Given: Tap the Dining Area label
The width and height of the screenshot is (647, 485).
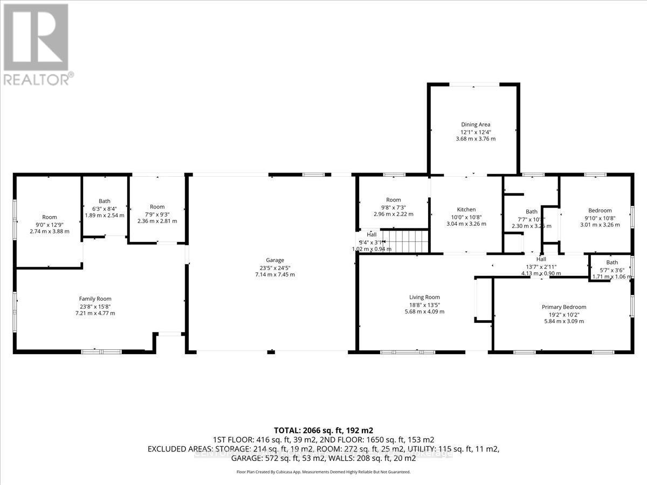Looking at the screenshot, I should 476,124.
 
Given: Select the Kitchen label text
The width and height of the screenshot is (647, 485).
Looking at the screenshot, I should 466,210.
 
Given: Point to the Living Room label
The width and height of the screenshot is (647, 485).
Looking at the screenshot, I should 424,297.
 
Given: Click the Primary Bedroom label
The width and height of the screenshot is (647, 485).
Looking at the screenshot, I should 563,307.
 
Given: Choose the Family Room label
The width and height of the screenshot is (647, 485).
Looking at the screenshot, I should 95,299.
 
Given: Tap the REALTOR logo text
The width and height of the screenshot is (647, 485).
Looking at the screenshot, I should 36,79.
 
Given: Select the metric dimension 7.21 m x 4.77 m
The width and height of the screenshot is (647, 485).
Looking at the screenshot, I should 95,313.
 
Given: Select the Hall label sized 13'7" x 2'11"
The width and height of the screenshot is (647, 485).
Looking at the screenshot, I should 541,259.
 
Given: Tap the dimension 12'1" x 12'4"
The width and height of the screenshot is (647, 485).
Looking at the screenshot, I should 476,132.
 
